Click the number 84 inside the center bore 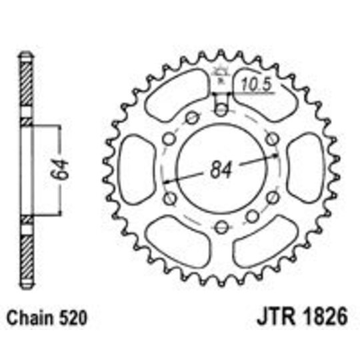click(x=219, y=169)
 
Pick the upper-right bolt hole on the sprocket click(x=271, y=137)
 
